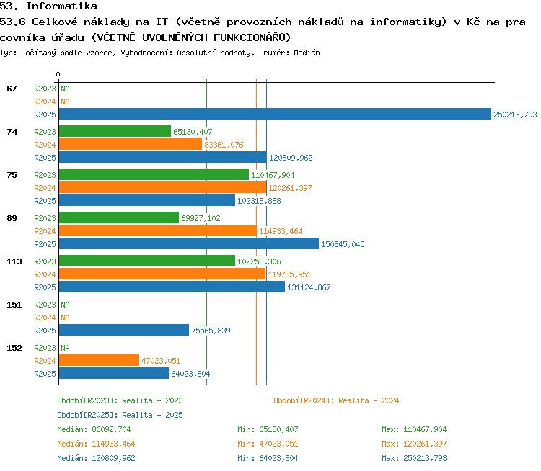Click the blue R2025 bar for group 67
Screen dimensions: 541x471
[275, 114]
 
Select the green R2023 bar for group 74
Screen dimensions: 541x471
[115, 131]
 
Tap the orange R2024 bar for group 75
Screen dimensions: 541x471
[162, 187]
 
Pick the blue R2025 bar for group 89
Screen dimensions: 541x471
[189, 243]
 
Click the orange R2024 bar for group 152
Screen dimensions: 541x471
[99, 360]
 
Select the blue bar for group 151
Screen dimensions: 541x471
[124, 330]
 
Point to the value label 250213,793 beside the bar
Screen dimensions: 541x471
[515, 115]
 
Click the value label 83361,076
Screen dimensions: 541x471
[224, 145]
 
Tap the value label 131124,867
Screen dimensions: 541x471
[309, 287]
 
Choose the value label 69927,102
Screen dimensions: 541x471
[201, 218]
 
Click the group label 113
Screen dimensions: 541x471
[14, 261]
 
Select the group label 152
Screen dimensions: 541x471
[14, 348]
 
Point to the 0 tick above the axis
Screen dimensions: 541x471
[58, 74]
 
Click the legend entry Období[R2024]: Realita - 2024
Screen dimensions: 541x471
[336, 400]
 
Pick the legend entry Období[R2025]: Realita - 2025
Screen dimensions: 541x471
[120, 415]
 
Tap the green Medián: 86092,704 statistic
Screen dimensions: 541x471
[94, 429]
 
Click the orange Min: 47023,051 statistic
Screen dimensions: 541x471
[268, 444]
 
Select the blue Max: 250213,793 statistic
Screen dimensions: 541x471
[414, 458]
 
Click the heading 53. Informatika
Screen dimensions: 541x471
[48, 6]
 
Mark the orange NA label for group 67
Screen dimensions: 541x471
[65, 102]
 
